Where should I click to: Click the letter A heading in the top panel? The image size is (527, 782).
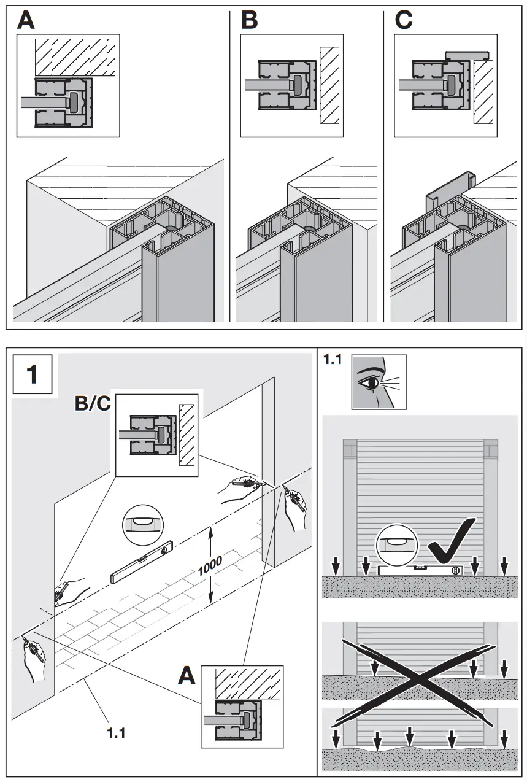pos(26,20)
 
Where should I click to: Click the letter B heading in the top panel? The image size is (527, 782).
pos(249,20)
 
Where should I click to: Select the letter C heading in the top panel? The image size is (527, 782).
pos(404,20)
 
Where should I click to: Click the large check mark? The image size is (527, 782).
pos(451,540)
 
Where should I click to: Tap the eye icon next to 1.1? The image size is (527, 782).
pos(378,382)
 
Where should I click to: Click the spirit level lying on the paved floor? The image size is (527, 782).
pos(142,561)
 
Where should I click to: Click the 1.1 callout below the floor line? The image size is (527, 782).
pos(117,732)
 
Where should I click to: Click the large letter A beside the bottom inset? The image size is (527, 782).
pos(187,676)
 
